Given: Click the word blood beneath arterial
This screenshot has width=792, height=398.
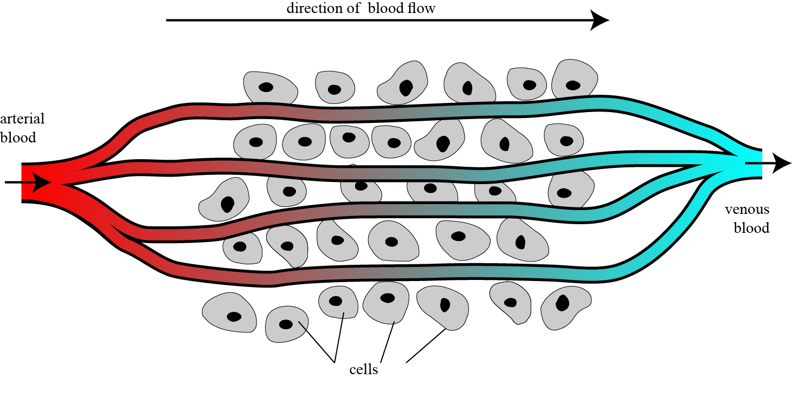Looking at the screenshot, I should coord(18,138).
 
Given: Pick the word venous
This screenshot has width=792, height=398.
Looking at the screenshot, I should coord(747,210).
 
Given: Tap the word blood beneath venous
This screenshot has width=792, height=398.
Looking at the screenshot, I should coord(751,228).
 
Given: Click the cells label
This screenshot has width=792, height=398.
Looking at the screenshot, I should coord(364,370).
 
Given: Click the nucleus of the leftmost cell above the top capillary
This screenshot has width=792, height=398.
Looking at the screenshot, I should coord(266,87).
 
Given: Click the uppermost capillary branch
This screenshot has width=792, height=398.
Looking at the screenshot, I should coord(379,110).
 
